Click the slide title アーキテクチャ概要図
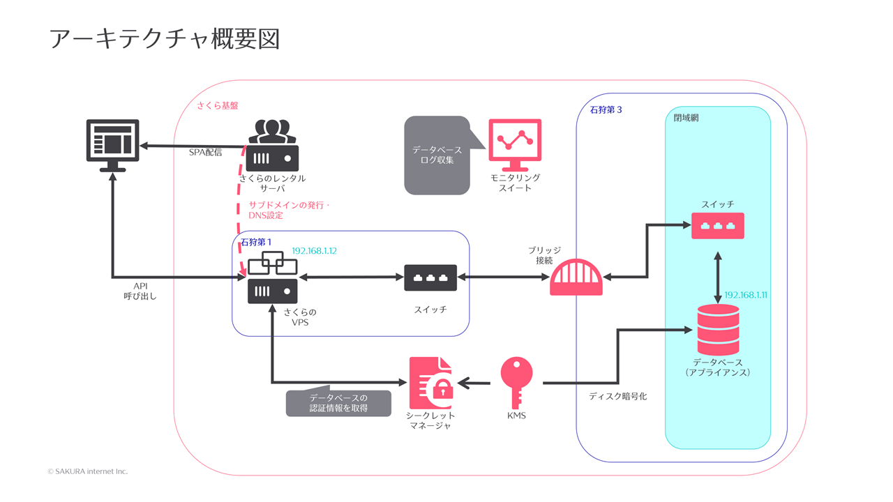(165, 39)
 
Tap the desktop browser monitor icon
(112, 144)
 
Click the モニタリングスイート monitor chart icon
(515, 145)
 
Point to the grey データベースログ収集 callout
(436, 155)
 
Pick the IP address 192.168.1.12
(315, 251)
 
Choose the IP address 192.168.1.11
(746, 295)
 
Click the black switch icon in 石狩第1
(430, 277)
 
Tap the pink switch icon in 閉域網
(717, 226)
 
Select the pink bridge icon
(576, 277)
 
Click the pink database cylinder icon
(718, 330)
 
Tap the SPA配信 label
(205, 153)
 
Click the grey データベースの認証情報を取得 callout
(339, 402)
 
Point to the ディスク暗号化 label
(617, 396)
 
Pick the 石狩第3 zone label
(606, 109)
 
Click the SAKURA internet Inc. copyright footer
(88, 471)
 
